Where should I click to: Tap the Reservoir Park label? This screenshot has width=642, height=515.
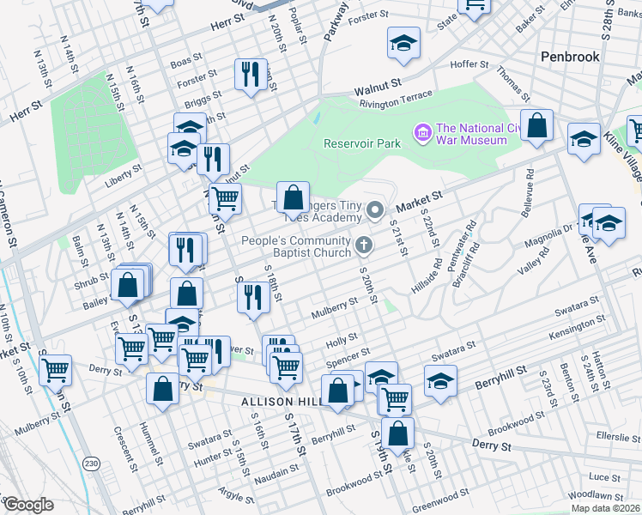[x=362, y=143]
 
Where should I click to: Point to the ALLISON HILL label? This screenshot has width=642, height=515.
[x=280, y=402]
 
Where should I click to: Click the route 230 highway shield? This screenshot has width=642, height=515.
[x=91, y=463]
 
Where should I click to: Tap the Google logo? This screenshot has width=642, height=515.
[x=27, y=505]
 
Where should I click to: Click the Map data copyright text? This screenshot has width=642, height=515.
[x=605, y=508]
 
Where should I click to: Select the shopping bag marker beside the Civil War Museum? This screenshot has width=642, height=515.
[x=536, y=127]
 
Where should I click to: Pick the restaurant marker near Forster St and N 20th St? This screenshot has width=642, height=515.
[x=247, y=75]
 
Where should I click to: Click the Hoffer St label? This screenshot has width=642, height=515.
[x=469, y=64]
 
